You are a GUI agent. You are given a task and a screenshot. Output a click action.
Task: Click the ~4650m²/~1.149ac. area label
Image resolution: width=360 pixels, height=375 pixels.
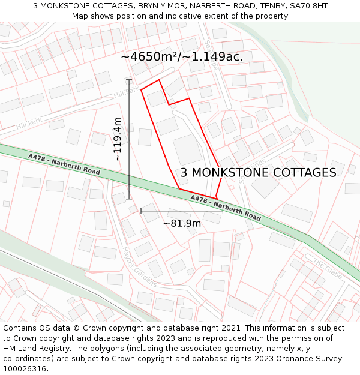(x=182, y=56)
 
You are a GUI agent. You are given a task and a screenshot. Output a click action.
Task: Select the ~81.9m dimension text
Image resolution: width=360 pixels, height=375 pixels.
(x=182, y=223)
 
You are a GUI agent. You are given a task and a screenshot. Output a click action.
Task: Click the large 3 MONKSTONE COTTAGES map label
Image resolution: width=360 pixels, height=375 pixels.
(x=258, y=173)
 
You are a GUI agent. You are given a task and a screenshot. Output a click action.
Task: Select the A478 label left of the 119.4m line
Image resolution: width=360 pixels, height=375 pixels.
(x=64, y=163)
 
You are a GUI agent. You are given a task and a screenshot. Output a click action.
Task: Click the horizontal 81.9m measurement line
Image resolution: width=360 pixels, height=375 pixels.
(x=182, y=211)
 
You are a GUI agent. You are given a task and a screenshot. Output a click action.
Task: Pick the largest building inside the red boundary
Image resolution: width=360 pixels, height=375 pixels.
(x=188, y=149)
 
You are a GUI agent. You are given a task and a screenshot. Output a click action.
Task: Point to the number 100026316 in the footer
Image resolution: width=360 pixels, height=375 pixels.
(x=25, y=369)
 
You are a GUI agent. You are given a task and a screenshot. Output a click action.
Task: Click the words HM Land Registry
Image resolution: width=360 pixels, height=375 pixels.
(x=36, y=349)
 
